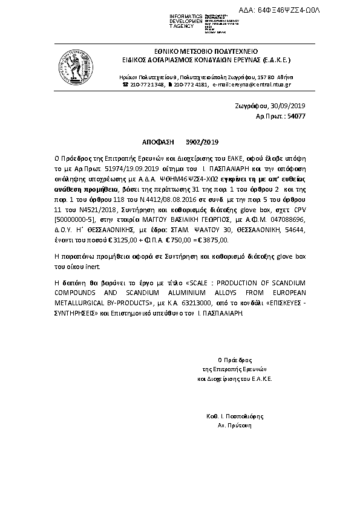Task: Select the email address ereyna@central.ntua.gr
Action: coord(254,85)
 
